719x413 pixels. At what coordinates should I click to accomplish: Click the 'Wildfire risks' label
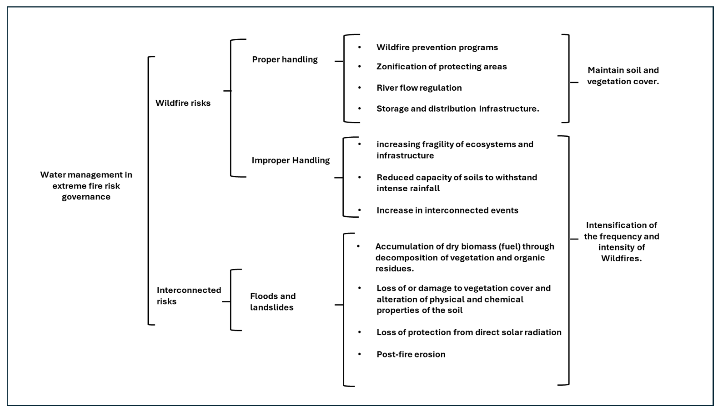pos(183,103)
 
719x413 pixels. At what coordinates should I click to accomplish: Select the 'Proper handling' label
pos(285,59)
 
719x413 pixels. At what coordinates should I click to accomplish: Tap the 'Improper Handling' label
pos(291,161)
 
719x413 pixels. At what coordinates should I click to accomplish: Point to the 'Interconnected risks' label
pos(189,295)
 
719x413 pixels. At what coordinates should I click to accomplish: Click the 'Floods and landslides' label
pos(272,302)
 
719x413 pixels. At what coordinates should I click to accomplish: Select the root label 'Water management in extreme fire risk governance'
pos(86,186)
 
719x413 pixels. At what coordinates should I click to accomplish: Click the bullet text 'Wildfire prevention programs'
pos(437,47)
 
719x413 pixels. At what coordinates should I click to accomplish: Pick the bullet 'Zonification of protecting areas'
pos(442,67)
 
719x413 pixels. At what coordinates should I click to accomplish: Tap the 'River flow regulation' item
pos(419,88)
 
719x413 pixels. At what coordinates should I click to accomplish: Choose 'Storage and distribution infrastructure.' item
pos(458,109)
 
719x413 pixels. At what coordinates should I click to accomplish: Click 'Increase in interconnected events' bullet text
pos(447,210)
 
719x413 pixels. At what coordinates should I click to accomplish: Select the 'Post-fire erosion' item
pos(411,354)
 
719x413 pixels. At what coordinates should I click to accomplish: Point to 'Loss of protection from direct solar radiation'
pos(469,332)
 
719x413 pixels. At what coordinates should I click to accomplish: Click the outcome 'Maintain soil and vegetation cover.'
pos(623,76)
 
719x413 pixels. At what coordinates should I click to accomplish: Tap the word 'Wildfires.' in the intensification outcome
pos(621,258)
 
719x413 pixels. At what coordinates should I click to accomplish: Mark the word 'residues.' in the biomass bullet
pos(395,269)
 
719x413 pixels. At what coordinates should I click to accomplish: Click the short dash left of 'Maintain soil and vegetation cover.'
pos(574,82)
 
